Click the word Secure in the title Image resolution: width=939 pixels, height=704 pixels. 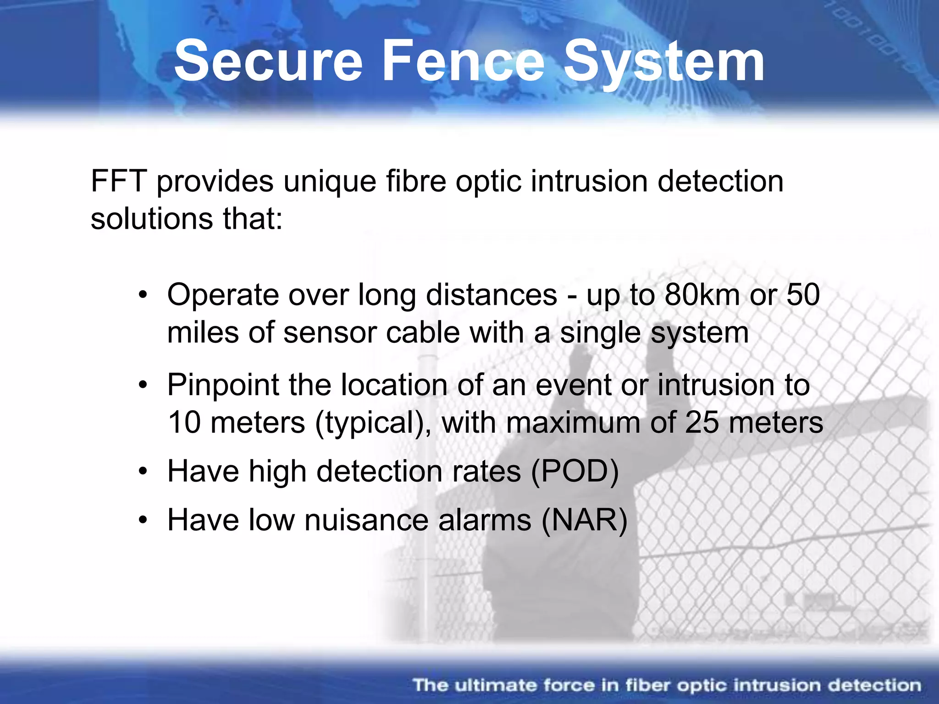point(268,60)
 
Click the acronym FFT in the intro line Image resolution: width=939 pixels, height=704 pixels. point(118,181)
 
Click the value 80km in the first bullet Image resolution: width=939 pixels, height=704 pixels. point(702,295)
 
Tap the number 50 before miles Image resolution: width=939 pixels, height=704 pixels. point(803,295)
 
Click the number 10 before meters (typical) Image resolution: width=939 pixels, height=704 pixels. point(184,422)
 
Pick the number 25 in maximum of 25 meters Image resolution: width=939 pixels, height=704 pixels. point(702,422)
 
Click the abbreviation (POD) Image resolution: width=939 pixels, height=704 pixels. point(575,471)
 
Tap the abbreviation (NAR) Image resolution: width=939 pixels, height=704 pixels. point(584,520)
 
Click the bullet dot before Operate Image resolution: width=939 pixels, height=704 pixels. point(144,295)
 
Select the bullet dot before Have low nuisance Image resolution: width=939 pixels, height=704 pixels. point(144,520)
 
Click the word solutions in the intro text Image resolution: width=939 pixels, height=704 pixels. point(152,219)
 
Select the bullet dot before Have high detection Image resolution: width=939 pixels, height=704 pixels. point(144,471)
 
